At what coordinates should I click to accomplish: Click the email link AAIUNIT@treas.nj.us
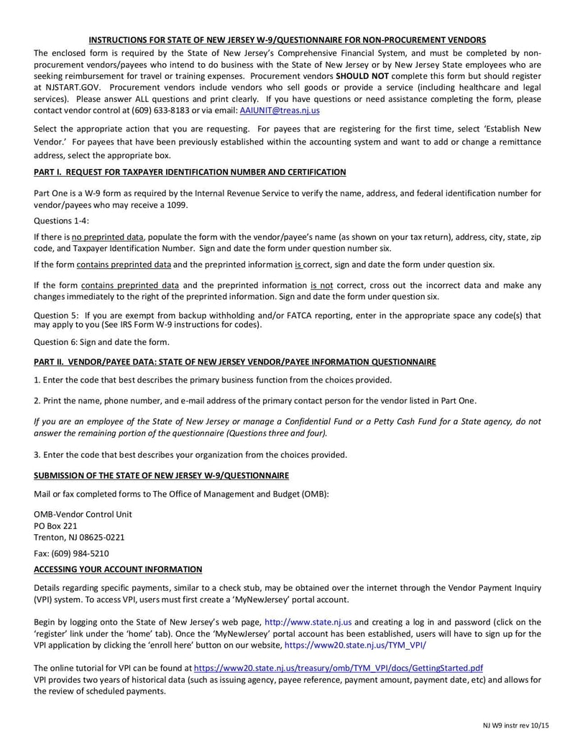[x=280, y=111]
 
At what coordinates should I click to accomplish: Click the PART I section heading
[x=190, y=172]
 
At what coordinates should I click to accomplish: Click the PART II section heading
[x=234, y=362]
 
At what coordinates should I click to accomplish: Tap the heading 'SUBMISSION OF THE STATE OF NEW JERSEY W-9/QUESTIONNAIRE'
[x=161, y=475]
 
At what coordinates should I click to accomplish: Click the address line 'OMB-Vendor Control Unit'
[x=83, y=514]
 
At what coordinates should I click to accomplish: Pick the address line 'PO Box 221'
[x=55, y=525]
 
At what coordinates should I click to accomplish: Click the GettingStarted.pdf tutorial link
[x=339, y=668]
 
